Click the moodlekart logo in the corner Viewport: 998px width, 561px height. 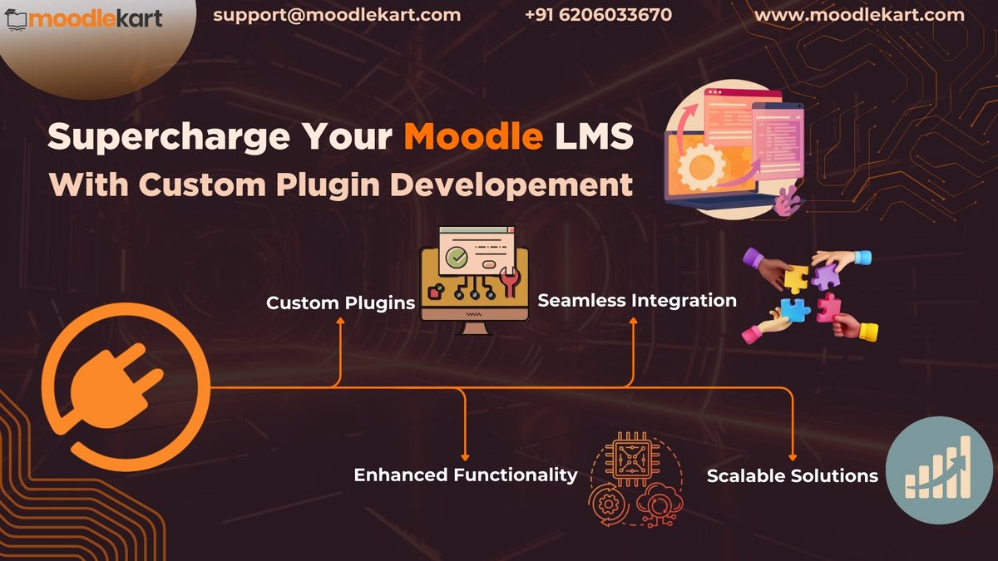pos(83,17)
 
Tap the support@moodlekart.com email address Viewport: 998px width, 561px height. pos(337,15)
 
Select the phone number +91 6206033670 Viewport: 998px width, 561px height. pos(599,15)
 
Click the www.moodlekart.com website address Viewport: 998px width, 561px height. pos(859,15)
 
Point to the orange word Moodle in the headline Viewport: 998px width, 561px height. pos(473,137)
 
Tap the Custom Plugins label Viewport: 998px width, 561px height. pos(340,303)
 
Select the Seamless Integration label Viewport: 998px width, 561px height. pos(637,300)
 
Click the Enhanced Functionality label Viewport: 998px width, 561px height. pos(465,475)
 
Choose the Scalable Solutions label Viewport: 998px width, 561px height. pos(792,476)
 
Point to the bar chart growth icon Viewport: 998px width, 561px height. pos(940,470)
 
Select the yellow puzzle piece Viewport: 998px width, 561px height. pos(796,279)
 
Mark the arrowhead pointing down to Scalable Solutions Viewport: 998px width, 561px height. pos(792,457)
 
